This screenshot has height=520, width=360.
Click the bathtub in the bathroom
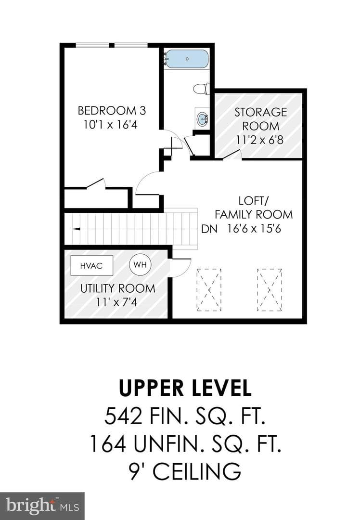click(x=187, y=59)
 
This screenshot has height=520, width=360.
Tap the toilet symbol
click(x=201, y=89)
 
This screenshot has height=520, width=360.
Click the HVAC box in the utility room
click(x=92, y=265)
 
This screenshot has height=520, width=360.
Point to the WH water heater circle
click(x=140, y=265)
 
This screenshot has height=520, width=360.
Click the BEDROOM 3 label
click(x=112, y=110)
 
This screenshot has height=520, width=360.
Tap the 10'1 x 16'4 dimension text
click(x=110, y=125)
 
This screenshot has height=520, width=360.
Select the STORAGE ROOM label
click(x=260, y=119)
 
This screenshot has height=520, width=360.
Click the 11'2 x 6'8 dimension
click(x=260, y=140)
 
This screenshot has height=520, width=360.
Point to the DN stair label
click(x=209, y=229)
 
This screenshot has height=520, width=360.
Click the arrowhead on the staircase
click(x=76, y=229)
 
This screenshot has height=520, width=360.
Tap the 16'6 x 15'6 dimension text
click(x=254, y=229)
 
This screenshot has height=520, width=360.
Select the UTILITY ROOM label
click(x=118, y=288)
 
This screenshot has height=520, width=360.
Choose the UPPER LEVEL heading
click(x=185, y=388)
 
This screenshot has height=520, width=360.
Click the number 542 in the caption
click(x=123, y=416)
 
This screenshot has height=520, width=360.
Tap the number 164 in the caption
click(x=108, y=444)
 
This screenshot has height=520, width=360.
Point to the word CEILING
click(x=196, y=471)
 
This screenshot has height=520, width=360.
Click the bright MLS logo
click(x=42, y=506)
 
